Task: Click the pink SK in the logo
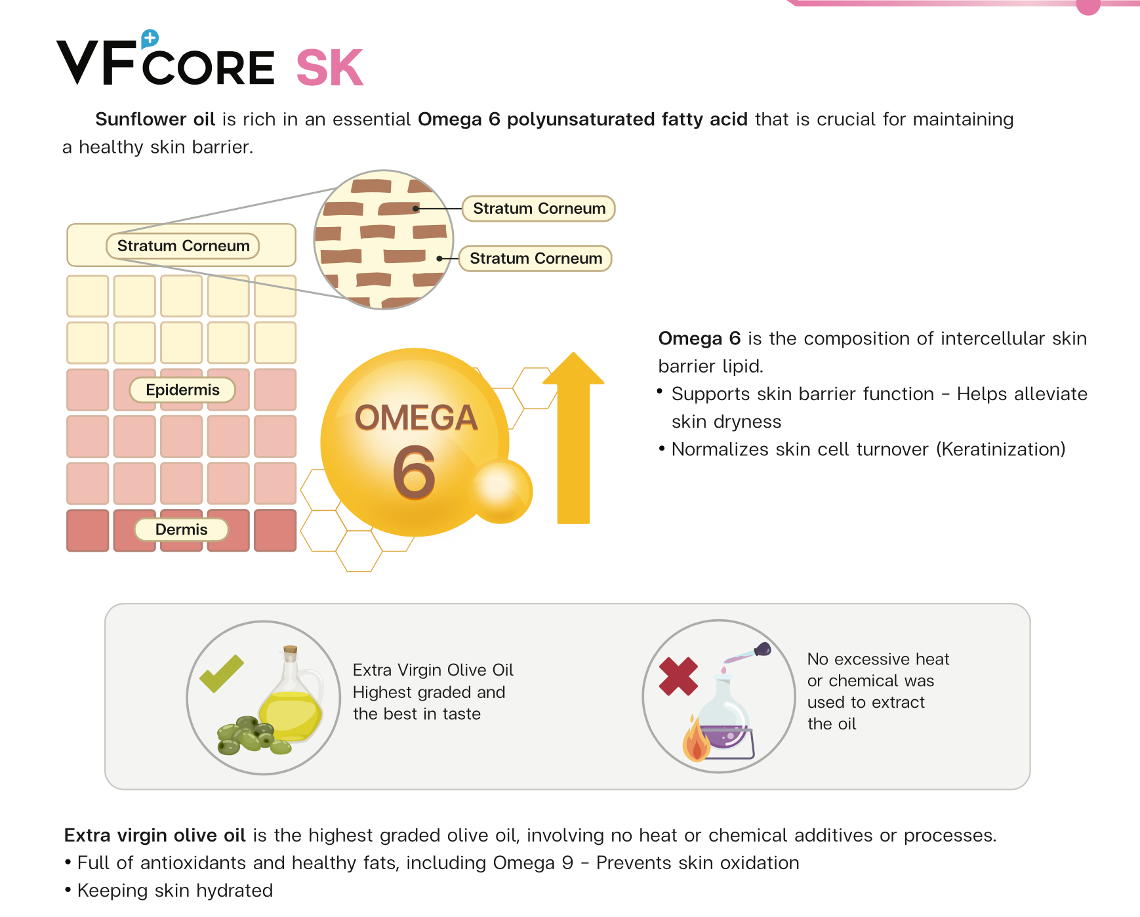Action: pyautogui.click(x=330, y=68)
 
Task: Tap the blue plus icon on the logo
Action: pyautogui.click(x=150, y=39)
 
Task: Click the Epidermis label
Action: pyautogui.click(x=182, y=390)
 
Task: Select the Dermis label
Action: pyautogui.click(x=182, y=529)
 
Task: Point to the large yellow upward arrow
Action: pyautogui.click(x=573, y=438)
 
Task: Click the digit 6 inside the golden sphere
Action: pyautogui.click(x=414, y=472)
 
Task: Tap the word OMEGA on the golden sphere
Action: pyautogui.click(x=416, y=418)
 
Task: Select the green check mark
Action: pyautogui.click(x=222, y=674)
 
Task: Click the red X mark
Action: pyautogui.click(x=678, y=676)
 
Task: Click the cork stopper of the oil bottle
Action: pyautogui.click(x=290, y=650)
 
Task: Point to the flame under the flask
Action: pyautogui.click(x=696, y=739)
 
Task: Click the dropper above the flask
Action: pyautogui.click(x=748, y=654)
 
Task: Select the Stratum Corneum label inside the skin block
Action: pyautogui.click(x=183, y=246)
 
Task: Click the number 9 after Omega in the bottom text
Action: pyautogui.click(x=568, y=863)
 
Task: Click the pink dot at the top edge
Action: pyautogui.click(x=1088, y=5)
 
